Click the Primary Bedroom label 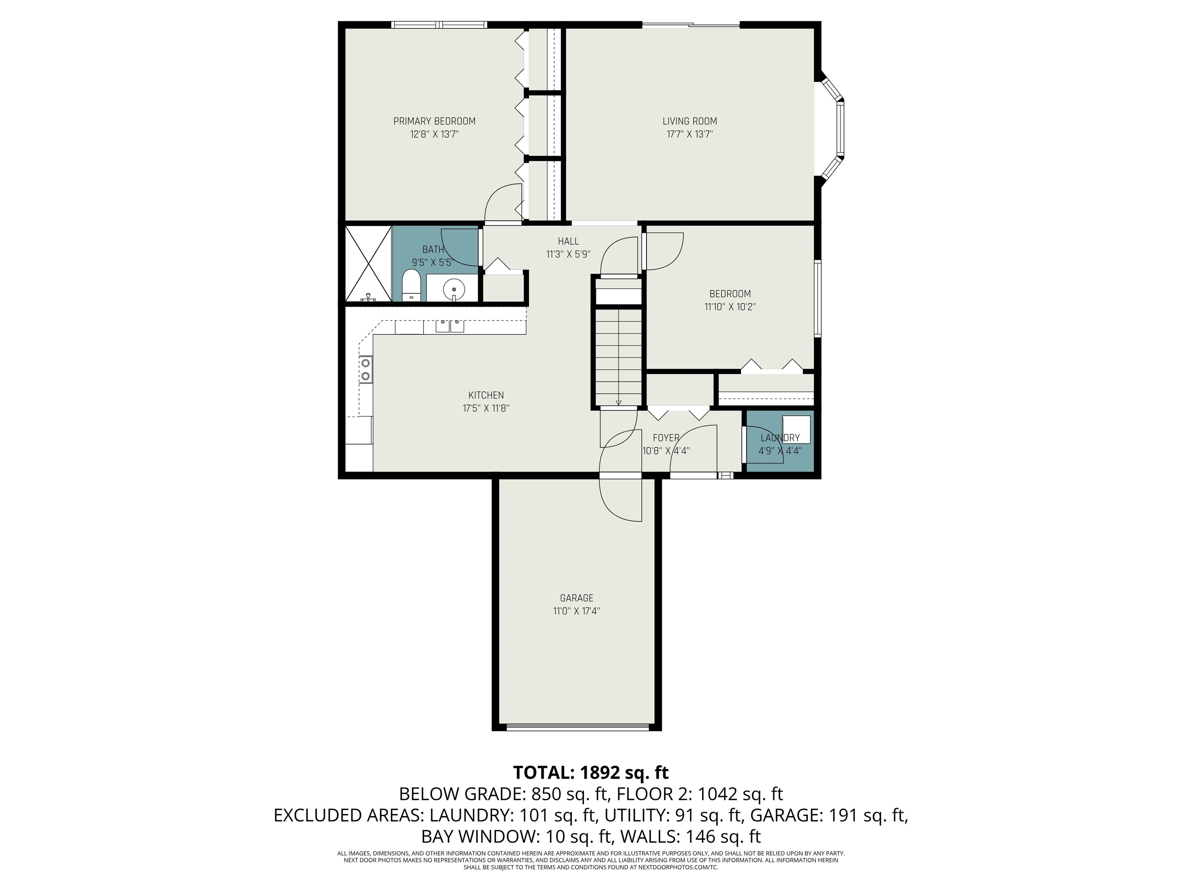click(434, 121)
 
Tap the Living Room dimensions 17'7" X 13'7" click(689, 134)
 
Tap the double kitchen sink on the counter click(449, 326)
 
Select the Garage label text click(577, 598)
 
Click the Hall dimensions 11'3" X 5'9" click(568, 254)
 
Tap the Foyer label click(666, 438)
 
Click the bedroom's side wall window click(818, 298)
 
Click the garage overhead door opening click(577, 726)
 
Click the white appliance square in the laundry click(796, 429)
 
